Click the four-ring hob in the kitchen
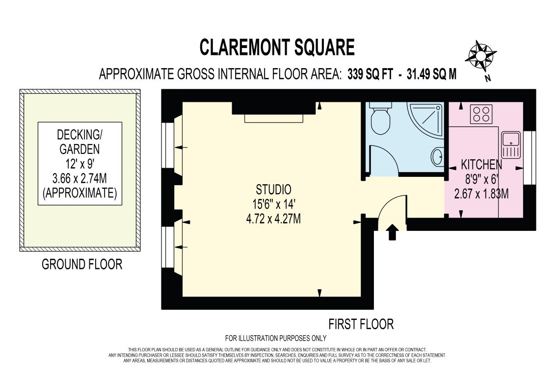pyautogui.click(x=481, y=114)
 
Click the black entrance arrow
pyautogui.click(x=392, y=233)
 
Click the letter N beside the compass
pyautogui.click(x=488, y=78)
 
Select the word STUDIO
pyautogui.click(x=274, y=190)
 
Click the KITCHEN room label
pyautogui.click(x=481, y=165)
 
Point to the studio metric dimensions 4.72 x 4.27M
pyautogui.click(x=273, y=219)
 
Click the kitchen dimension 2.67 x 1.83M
pyautogui.click(x=481, y=194)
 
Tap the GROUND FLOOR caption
pyautogui.click(x=82, y=265)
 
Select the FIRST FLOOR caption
pyautogui.click(x=361, y=324)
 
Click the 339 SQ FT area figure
pyautogui.click(x=370, y=74)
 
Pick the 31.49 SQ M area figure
pyautogui.click(x=432, y=74)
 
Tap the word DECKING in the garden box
pyautogui.click(x=79, y=135)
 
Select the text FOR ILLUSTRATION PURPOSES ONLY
pyautogui.click(x=276, y=338)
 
